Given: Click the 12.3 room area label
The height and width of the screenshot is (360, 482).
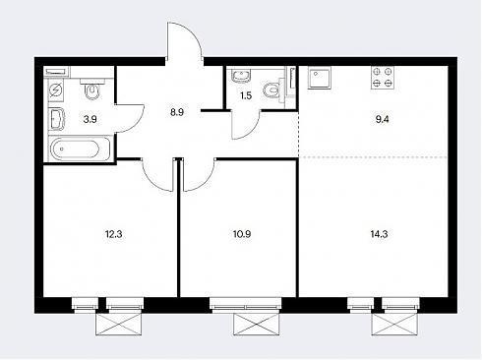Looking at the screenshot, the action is pos(113,234).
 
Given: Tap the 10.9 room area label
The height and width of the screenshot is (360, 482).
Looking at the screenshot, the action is pos(242,234).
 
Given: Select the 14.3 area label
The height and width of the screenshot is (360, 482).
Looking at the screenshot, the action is pos(379,234).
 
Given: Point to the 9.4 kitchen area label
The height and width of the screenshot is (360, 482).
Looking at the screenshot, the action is pos(382,119).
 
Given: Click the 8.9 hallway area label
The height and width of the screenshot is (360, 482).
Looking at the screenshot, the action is pos(177,112).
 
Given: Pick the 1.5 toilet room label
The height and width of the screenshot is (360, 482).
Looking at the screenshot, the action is pos(246,96).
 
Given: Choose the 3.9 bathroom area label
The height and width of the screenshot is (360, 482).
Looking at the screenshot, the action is pos(90,119).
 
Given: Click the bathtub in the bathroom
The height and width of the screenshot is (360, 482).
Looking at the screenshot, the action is pos(81,149).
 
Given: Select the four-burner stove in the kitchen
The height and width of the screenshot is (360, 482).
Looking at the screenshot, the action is pos(383,78).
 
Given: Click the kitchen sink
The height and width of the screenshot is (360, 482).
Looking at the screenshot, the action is pos(320,78).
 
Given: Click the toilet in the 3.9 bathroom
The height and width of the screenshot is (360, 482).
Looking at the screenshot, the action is pos(92,90).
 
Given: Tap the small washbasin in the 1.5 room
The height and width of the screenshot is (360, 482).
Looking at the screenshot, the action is pos(242,76).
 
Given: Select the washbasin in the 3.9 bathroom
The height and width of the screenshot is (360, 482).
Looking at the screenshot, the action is pos(57,120).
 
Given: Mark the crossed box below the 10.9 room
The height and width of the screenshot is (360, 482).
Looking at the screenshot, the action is pos(257,325).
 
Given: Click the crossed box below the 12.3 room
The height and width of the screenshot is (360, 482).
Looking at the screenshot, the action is pos(119,325).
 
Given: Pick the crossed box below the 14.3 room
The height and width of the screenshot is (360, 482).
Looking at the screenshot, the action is pos(394,325).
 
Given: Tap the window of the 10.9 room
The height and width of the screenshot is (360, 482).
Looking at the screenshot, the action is pos(246,304).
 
